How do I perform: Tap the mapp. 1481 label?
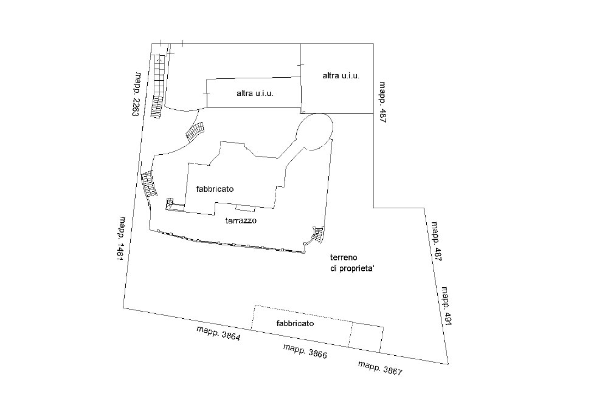click(122, 239)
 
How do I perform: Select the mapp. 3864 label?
click(219, 333)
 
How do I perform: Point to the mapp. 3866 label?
click(305, 351)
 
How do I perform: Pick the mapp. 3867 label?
click(380, 368)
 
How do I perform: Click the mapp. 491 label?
click(447, 306)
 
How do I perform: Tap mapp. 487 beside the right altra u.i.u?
click(382, 102)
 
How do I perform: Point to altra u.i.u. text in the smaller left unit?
click(255, 94)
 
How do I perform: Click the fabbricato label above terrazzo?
click(215, 189)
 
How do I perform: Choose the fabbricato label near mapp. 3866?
click(295, 323)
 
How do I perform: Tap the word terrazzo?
click(241, 220)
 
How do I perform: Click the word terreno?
click(344, 257)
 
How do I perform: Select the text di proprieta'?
click(352, 269)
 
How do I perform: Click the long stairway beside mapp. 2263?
click(158, 87)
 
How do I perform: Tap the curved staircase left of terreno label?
click(316, 236)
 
